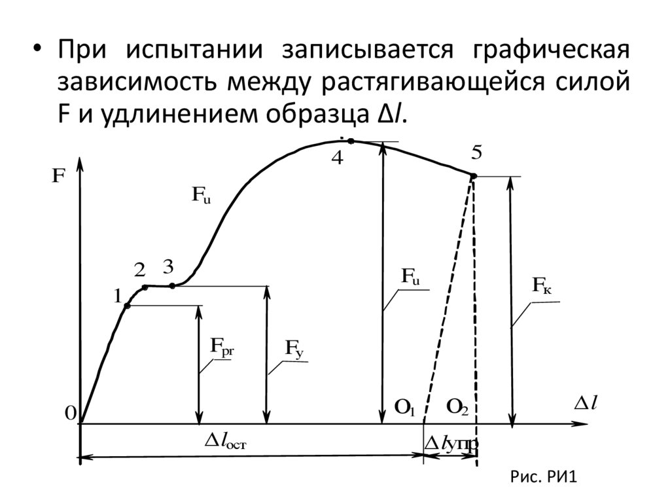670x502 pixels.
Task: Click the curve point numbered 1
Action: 128,306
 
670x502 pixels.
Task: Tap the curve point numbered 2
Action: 145,287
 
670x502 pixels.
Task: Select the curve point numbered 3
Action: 172,285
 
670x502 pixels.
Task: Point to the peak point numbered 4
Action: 351,141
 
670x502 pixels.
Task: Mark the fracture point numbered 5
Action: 474,175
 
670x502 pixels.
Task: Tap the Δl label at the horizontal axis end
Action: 586,404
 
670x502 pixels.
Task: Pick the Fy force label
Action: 293,350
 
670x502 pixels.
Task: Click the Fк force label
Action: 542,285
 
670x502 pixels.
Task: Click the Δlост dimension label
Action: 226,442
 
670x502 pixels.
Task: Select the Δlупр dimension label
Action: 451,444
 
